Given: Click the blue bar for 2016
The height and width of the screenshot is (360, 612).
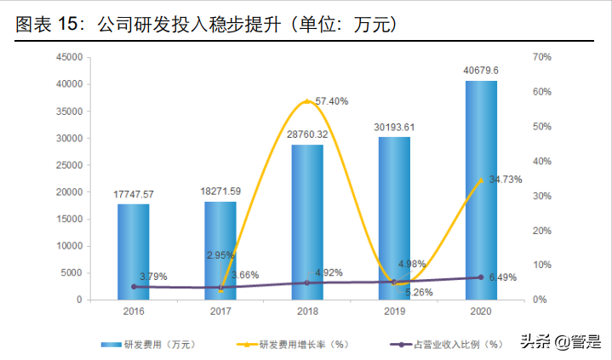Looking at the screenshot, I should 133,252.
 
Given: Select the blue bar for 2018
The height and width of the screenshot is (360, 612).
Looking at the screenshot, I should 307,222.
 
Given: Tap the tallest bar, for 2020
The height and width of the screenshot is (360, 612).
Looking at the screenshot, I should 481,191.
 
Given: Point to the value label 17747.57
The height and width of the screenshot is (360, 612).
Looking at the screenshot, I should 134,194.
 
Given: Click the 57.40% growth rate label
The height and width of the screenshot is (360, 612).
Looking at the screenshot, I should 332,100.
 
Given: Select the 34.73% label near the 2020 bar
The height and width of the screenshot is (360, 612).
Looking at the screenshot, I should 505,180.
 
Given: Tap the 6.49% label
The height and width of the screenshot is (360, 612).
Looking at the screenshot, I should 504,277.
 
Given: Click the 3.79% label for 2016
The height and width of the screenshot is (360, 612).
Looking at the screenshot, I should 153,277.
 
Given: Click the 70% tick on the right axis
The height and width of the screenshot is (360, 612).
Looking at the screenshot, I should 541,57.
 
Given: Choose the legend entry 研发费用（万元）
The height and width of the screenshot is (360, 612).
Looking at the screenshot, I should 149,345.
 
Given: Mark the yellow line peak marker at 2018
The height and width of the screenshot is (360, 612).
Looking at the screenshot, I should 307,101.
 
